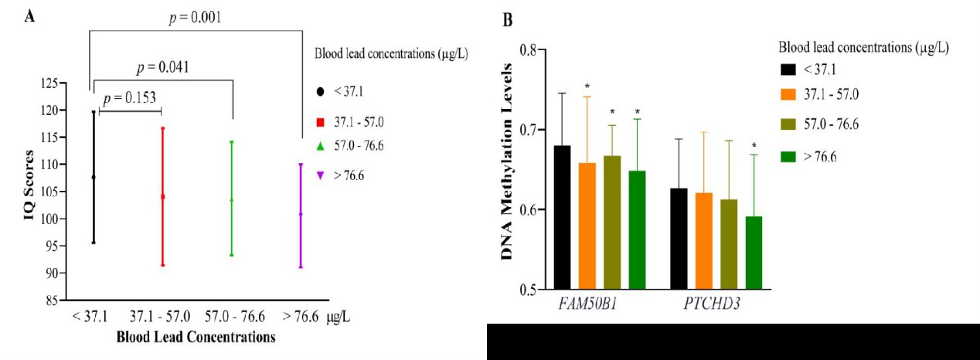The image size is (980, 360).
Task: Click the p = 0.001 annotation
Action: [x=197, y=17]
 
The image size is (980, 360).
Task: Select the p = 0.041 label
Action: [x=163, y=67]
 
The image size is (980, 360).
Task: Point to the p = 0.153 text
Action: [x=131, y=99]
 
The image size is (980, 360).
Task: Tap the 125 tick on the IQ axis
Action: [x=53, y=83]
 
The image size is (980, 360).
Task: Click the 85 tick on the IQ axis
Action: [x=55, y=301]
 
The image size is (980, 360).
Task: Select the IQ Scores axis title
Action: [x=29, y=191]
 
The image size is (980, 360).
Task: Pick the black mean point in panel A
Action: [x=94, y=177]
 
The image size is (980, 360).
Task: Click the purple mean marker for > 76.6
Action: [x=301, y=214]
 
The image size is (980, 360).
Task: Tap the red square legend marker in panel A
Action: [x=319, y=121]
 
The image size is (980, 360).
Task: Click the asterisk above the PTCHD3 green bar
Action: [x=754, y=145]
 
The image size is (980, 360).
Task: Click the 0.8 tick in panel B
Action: [x=527, y=49]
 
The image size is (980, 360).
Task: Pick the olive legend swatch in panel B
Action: [x=788, y=124]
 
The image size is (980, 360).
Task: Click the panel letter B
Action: [x=508, y=21]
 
